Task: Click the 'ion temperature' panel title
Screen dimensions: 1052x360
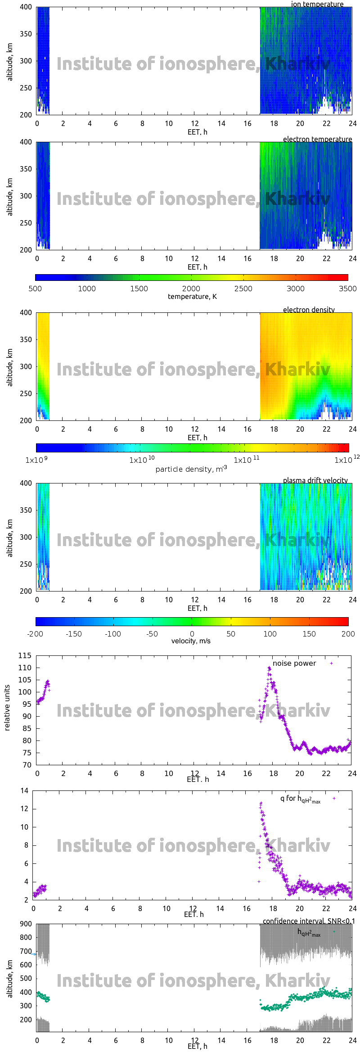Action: tap(317, 4)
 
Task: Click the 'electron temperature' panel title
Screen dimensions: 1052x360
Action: tap(317, 139)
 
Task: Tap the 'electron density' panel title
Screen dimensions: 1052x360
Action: tap(309, 310)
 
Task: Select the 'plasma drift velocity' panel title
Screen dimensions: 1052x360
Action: tap(315, 480)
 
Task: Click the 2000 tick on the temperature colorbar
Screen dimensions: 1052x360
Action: tap(191, 289)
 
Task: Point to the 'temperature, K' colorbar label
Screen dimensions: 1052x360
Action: tap(192, 296)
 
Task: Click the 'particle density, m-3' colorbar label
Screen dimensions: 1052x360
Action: tap(191, 469)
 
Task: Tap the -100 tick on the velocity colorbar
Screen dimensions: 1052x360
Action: tap(113, 634)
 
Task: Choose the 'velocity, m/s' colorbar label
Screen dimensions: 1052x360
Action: tap(191, 641)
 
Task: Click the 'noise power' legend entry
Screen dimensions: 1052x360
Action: tap(294, 664)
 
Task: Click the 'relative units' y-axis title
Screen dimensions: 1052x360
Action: tap(7, 708)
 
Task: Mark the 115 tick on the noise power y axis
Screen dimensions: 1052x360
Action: tap(25, 655)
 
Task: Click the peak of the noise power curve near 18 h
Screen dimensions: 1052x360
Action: tap(269, 668)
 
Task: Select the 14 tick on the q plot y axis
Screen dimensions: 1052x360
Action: tap(24, 790)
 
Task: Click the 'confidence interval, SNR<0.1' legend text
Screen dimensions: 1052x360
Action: tap(309, 921)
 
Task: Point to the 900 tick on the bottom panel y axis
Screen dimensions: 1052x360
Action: tap(26, 924)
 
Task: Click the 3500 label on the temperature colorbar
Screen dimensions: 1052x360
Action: tap(347, 289)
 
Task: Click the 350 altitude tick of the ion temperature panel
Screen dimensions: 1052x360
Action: tap(26, 34)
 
